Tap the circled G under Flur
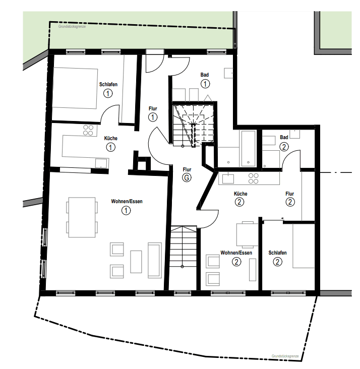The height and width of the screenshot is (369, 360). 187,177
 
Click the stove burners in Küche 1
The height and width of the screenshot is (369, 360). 88,130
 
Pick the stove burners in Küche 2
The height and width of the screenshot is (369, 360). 253,178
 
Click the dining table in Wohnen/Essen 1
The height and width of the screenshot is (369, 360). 82,217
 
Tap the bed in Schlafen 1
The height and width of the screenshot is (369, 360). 75,88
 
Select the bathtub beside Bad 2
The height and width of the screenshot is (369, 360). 249,149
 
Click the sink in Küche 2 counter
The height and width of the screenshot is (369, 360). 228,178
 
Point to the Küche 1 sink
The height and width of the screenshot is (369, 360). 101,163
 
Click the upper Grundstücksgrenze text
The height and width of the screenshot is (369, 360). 72,27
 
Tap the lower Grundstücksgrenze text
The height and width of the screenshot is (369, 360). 285,356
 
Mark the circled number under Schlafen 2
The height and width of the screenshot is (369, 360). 277,262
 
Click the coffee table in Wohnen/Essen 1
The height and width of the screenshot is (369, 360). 136,262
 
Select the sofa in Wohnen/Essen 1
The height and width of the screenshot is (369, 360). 155,260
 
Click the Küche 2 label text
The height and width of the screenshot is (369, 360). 241,194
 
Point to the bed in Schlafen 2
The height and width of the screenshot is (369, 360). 304,245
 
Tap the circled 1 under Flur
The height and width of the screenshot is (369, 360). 153,117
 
